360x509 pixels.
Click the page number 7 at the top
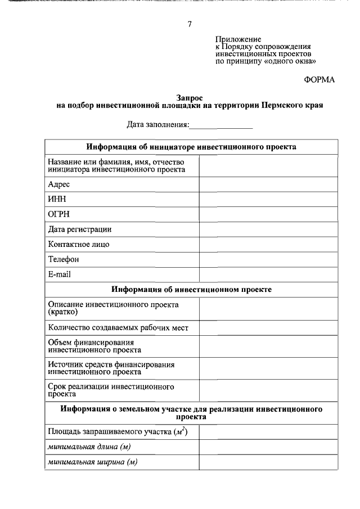tap(190, 24)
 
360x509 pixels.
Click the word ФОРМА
tap(319, 80)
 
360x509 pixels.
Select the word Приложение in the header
tap(238, 40)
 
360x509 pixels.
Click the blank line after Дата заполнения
tap(220, 124)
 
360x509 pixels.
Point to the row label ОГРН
tap(58, 214)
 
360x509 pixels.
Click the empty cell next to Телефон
tap(268, 259)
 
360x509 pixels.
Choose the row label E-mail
tap(60, 274)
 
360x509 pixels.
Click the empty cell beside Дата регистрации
tap(268, 229)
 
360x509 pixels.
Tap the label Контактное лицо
tap(79, 245)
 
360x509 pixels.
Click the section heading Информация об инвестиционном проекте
tap(191, 289)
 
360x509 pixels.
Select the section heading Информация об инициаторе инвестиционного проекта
tap(191, 147)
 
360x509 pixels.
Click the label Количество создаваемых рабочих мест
tap(118, 327)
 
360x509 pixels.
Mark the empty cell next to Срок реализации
tap(268, 390)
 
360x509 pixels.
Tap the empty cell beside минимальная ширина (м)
tap(268, 462)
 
